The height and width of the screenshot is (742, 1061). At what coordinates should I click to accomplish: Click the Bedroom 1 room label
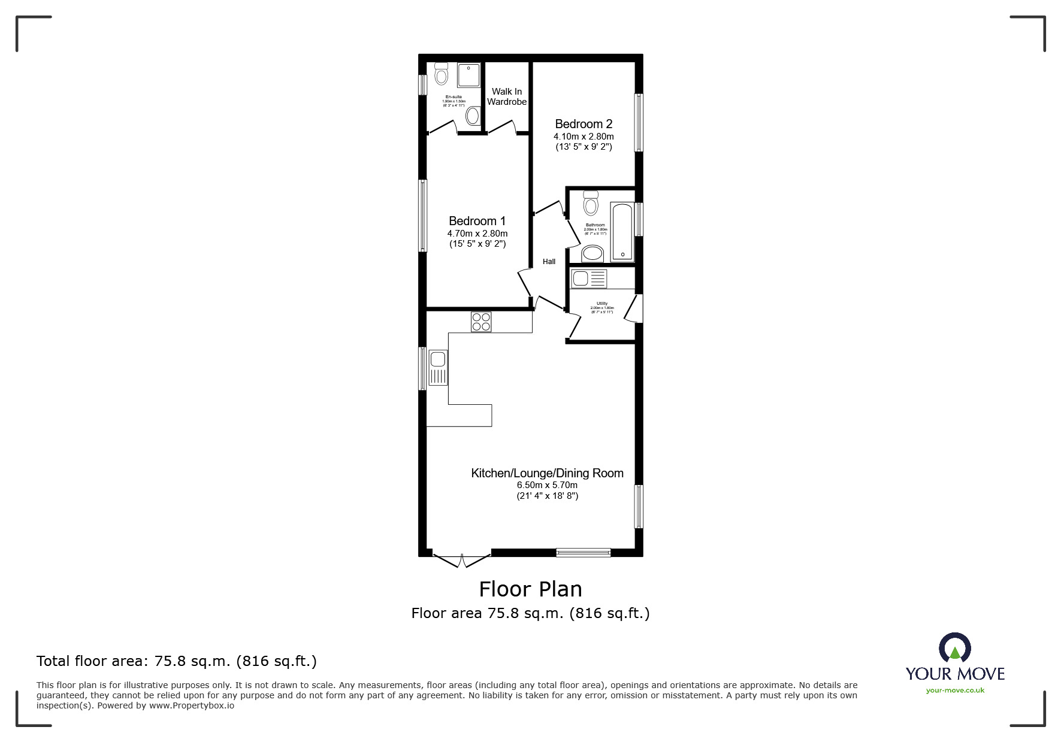tap(477, 221)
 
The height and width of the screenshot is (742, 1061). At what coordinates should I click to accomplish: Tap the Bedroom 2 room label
tap(583, 124)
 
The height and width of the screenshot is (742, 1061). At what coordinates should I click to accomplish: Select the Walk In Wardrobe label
tap(507, 96)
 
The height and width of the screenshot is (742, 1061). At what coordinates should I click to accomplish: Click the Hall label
tap(549, 262)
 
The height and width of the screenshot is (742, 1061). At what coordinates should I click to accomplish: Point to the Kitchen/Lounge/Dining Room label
tap(547, 473)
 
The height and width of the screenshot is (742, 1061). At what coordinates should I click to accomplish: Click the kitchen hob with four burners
tap(480, 322)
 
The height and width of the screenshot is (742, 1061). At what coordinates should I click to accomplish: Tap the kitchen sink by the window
tap(438, 367)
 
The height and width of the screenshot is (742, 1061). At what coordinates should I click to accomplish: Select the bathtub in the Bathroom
tap(621, 232)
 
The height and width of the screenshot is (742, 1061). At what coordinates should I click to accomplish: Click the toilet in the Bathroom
tap(591, 203)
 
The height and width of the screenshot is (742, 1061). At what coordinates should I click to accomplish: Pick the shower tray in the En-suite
tap(468, 75)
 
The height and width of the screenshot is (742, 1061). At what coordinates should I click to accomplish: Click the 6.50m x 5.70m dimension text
tap(547, 485)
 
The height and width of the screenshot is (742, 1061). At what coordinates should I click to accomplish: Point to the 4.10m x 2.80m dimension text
tap(583, 137)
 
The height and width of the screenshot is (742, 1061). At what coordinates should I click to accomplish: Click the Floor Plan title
tap(530, 589)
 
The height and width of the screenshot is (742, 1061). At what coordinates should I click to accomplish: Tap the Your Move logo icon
tap(954, 649)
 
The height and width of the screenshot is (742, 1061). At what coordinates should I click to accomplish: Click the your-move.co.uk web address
tap(955, 690)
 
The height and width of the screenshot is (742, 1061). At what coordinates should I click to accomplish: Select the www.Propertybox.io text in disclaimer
tap(192, 705)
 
